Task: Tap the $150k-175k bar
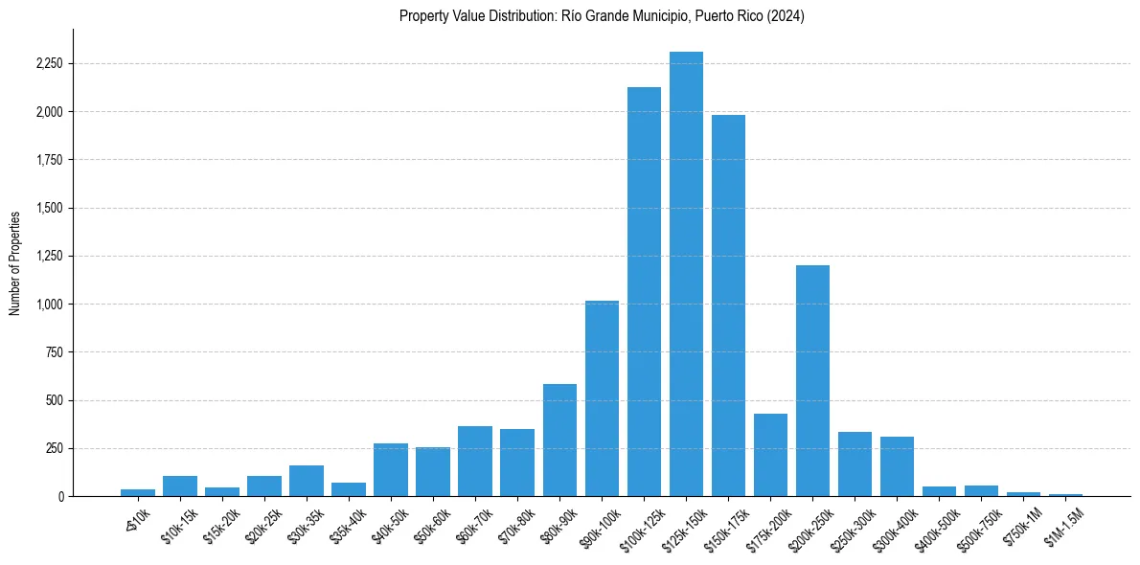click(x=728, y=305)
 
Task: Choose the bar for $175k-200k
click(x=770, y=455)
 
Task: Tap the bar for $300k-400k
click(x=897, y=466)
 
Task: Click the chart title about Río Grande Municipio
click(x=602, y=16)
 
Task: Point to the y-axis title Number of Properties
click(x=15, y=261)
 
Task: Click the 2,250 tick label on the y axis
click(x=49, y=64)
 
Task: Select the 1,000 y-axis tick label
click(x=49, y=305)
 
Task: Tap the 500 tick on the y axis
click(x=54, y=400)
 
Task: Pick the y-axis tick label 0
click(x=59, y=496)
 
